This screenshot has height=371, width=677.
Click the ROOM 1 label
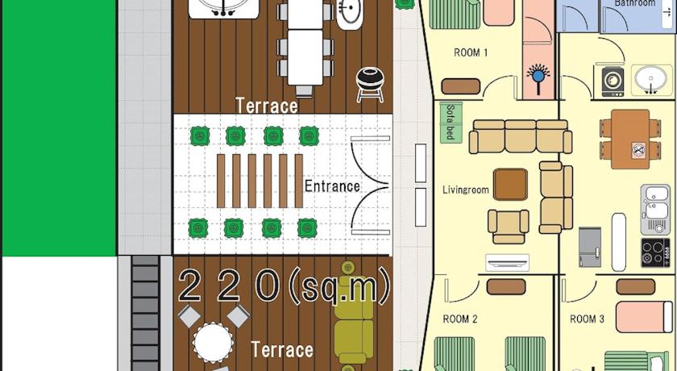pyautogui.click(x=471, y=52)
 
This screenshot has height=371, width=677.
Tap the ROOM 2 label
pyautogui.click(x=460, y=319)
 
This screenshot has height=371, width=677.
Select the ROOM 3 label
pyautogui.click(x=587, y=319)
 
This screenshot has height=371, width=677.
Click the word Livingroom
pyautogui.click(x=466, y=190)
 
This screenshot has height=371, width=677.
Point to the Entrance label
pyautogui.click(x=332, y=186)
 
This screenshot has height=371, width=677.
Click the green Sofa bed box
pyautogui.click(x=451, y=123)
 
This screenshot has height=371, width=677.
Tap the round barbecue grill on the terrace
pyautogui.click(x=370, y=85)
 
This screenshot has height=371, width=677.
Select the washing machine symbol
pyautogui.click(x=613, y=81)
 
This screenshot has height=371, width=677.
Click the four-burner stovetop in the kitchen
pyautogui.click(x=655, y=252)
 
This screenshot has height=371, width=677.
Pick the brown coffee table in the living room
pyautogui.click(x=510, y=185)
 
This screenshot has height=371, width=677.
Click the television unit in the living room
pyautogui.click(x=507, y=262)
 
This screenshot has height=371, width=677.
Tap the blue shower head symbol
pyautogui.click(x=538, y=77)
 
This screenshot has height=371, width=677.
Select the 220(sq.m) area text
pyautogui.click(x=284, y=285)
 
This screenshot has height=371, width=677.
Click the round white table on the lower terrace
pyautogui.click(x=213, y=343)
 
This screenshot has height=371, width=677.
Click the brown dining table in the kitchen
pyautogui.click(x=630, y=139)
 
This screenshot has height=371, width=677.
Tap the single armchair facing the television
pyautogui.click(x=509, y=227)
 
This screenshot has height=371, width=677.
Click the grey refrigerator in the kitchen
pyautogui.click(x=590, y=247)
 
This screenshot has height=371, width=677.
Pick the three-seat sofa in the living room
pyautogui.click(x=521, y=136)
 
